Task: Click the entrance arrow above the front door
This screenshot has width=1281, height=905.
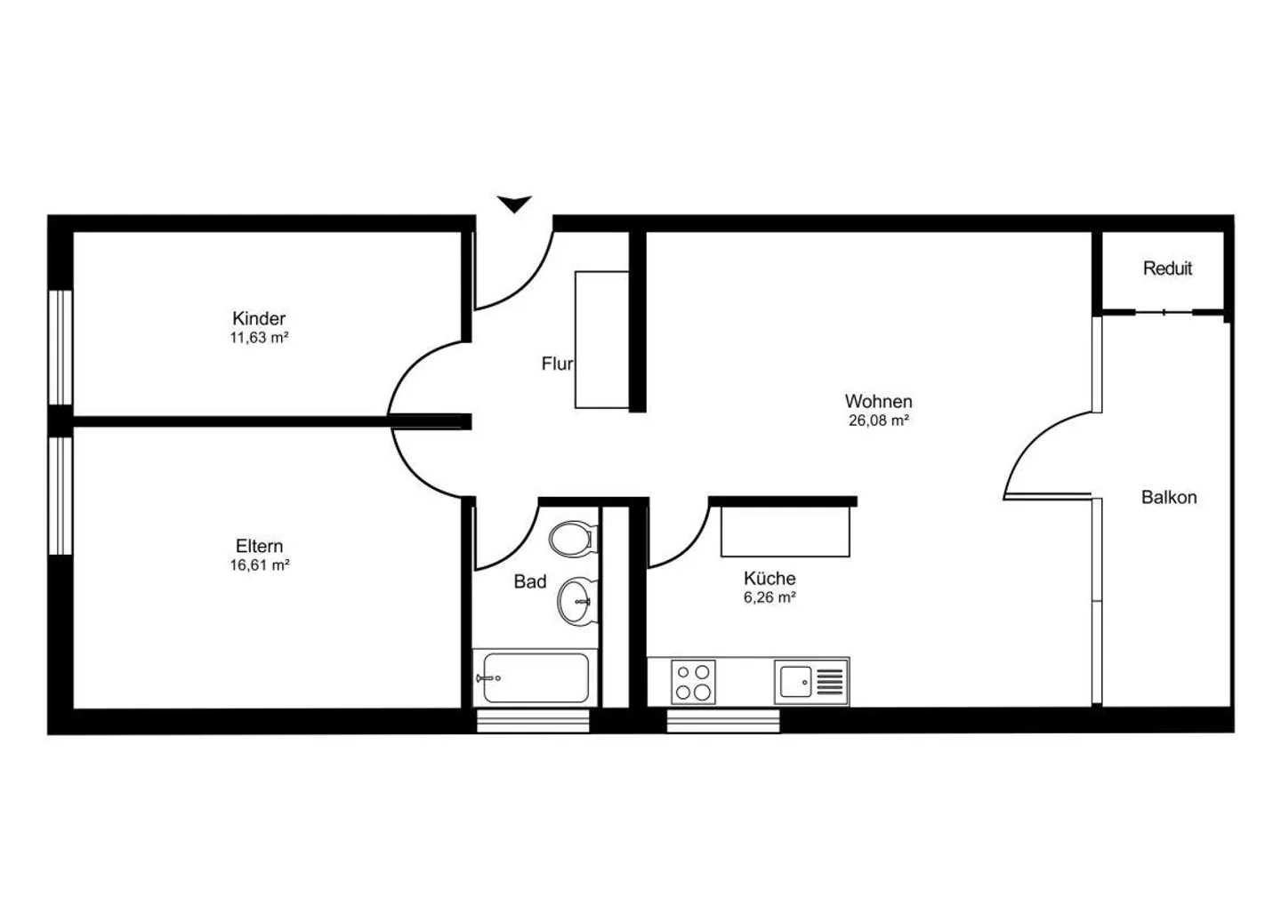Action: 514,204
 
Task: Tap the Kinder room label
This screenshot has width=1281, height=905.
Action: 259,318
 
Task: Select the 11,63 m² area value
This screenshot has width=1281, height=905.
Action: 259,338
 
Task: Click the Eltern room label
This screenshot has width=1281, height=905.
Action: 259,546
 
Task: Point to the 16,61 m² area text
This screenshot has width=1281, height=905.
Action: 259,565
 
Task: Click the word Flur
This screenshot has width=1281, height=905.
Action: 557,364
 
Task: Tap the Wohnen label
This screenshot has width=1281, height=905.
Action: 878,402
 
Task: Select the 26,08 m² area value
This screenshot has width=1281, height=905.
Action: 878,421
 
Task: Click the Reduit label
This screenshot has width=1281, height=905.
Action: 1167,268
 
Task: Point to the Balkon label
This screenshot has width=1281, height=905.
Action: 1169,498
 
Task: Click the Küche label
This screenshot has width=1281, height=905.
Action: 769,579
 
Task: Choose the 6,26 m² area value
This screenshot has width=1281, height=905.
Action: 769,598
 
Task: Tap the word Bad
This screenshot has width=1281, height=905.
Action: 529,582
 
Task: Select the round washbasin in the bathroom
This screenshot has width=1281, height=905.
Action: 577,601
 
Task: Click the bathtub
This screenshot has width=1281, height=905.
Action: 533,678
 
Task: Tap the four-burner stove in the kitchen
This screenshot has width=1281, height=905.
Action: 693,682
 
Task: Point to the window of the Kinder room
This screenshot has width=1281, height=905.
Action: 60,347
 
